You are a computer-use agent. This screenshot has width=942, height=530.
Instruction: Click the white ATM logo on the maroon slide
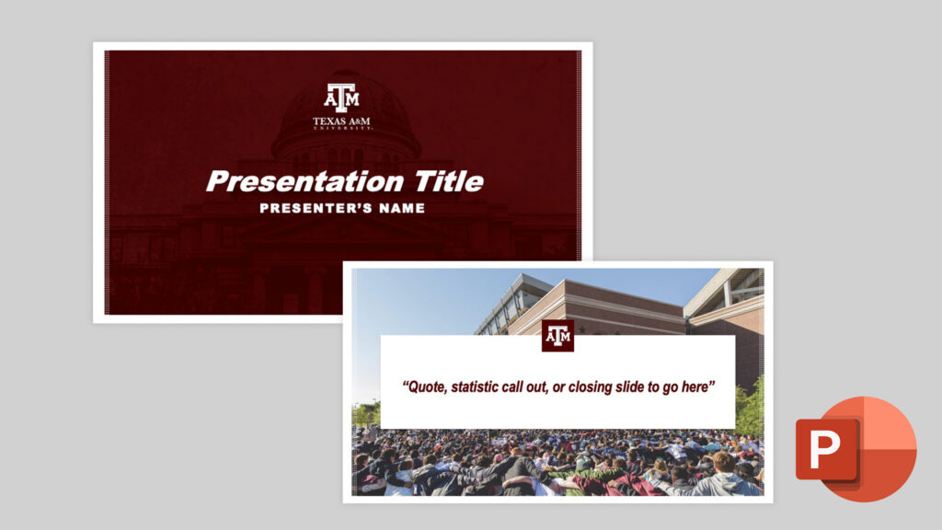click(x=342, y=96)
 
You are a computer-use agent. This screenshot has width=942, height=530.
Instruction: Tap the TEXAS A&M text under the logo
click(x=342, y=121)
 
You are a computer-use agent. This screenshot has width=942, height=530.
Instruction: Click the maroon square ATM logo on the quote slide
click(x=558, y=336)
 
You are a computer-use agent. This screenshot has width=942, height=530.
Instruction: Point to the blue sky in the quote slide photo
click(x=423, y=304)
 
